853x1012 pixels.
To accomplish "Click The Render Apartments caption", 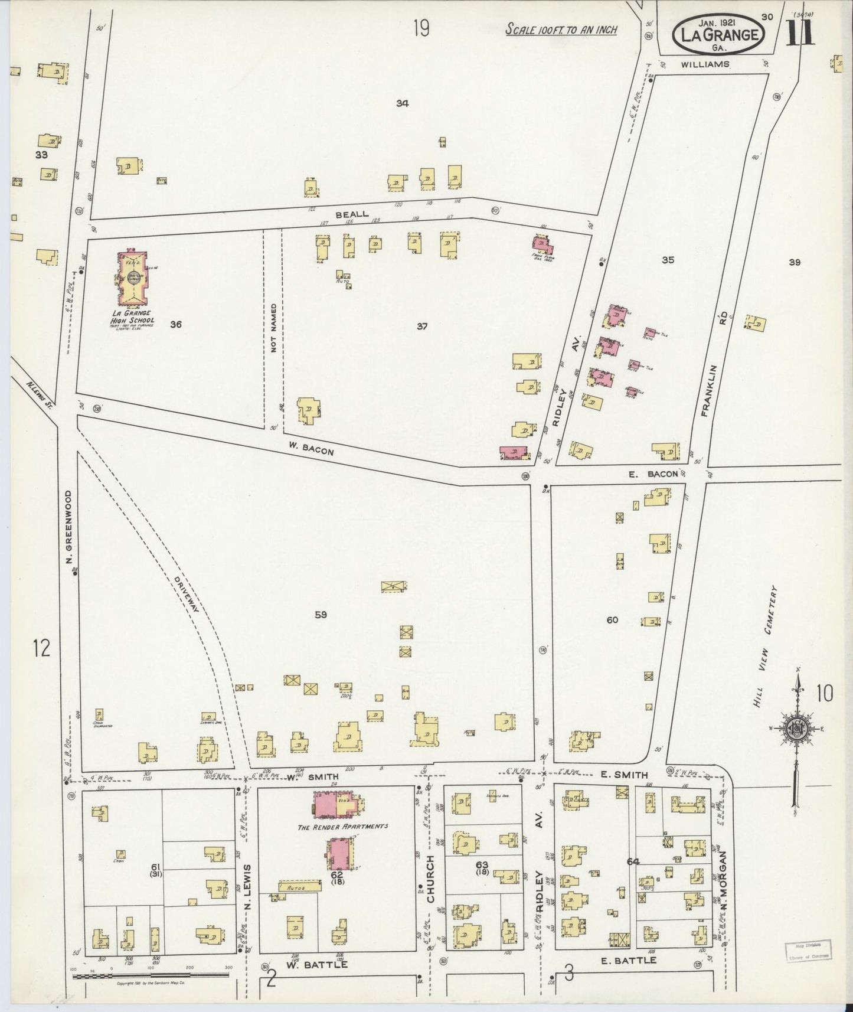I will [342, 826].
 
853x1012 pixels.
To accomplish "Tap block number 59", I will [321, 615].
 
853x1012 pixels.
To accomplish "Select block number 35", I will [668, 259].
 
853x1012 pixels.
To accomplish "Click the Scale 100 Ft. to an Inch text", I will [561, 30].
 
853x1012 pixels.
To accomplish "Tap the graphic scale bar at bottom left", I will [151, 976].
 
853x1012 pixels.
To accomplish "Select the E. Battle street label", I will [628, 960].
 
